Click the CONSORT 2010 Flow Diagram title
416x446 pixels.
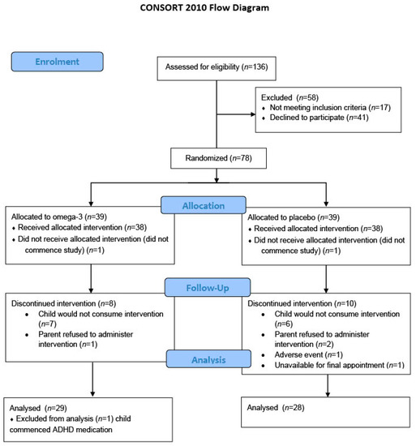click(x=204, y=7)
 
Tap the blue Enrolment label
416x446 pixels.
click(x=57, y=62)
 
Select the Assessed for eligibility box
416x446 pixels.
click(x=217, y=68)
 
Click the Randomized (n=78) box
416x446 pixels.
click(x=218, y=158)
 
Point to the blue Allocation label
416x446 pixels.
click(x=204, y=205)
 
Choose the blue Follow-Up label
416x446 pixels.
click(x=208, y=288)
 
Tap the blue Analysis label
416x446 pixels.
click(x=208, y=359)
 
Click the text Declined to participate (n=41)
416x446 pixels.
click(x=319, y=118)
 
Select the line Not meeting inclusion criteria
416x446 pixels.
click(x=330, y=108)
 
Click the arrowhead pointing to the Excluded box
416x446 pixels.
click(x=253, y=114)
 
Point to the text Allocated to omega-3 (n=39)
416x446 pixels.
click(x=59, y=217)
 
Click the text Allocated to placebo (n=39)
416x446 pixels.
click(x=294, y=217)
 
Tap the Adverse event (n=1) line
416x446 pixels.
click(x=308, y=354)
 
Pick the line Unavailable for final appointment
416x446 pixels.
click(x=339, y=365)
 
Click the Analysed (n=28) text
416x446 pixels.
click(x=276, y=408)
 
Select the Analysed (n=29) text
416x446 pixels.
click(x=38, y=408)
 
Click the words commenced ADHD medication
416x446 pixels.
click(x=61, y=430)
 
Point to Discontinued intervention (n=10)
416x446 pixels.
click(x=302, y=303)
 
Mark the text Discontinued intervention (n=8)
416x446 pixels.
click(x=64, y=303)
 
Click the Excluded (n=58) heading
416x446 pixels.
click(x=289, y=97)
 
